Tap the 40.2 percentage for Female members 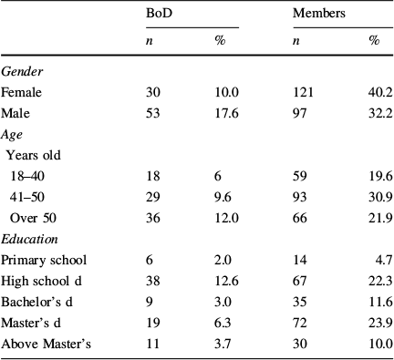[370, 91]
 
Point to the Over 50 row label [35, 219]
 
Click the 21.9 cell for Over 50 [370, 219]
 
